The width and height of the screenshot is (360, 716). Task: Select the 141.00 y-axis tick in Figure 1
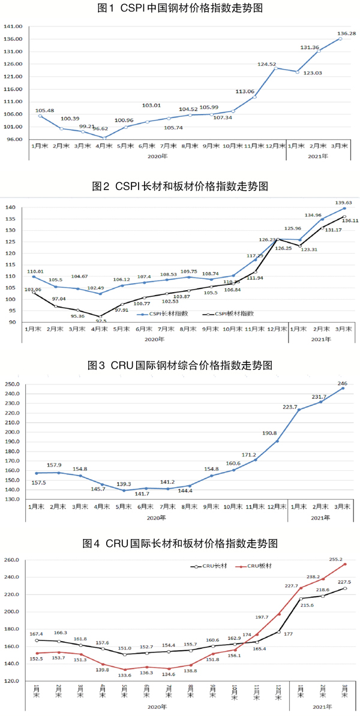(13, 26)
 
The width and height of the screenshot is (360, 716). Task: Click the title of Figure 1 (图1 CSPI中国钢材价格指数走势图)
(180, 8)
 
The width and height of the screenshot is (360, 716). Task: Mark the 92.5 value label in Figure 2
(100, 321)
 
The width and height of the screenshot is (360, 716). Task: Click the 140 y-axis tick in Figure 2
(10, 207)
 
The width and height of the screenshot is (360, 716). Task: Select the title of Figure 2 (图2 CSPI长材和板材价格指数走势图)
(180, 186)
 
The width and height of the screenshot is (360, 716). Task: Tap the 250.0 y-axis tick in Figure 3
(12, 384)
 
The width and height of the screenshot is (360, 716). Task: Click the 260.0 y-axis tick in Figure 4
(12, 560)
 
